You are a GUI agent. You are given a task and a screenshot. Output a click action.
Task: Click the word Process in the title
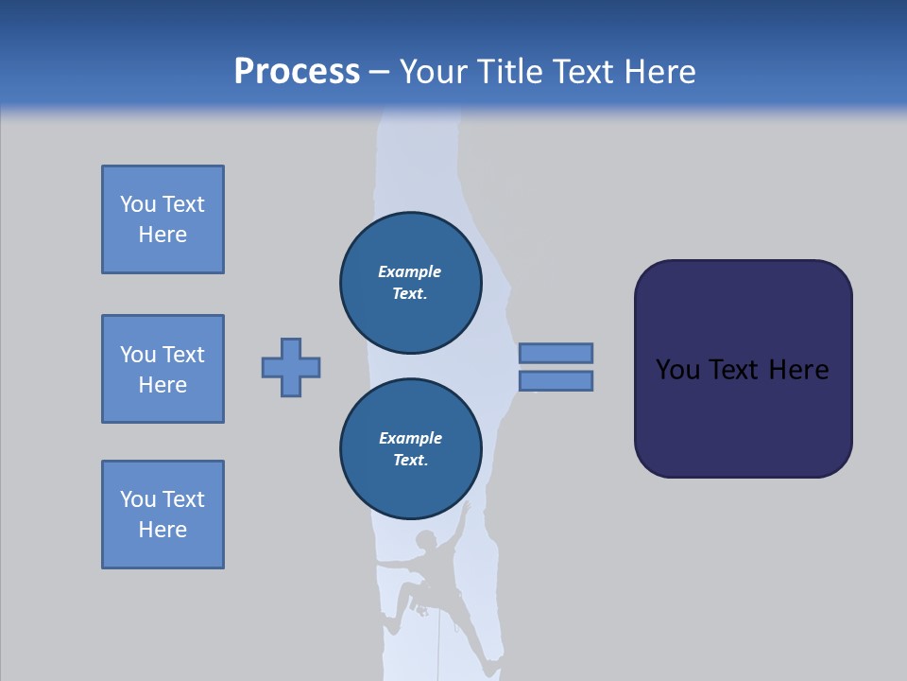(297, 72)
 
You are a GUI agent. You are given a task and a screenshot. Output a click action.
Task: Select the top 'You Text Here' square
(163, 219)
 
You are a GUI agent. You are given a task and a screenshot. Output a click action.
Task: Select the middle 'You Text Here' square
(163, 369)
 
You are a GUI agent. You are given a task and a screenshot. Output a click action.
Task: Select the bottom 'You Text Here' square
(163, 515)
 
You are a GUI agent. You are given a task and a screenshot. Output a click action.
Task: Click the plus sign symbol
(291, 367)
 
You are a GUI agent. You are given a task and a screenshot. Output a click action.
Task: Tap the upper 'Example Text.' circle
(410, 283)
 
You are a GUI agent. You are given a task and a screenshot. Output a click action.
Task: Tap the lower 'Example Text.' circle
(410, 449)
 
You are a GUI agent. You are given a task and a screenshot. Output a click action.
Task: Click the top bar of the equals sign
(556, 354)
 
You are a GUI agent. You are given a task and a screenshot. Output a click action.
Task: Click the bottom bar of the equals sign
(556, 380)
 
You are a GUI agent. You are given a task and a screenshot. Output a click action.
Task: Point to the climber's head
(427, 540)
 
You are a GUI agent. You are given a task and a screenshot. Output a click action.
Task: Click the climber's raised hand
(465, 508)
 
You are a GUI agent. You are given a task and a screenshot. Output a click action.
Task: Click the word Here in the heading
(658, 72)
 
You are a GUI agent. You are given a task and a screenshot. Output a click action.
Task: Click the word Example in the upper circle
(410, 271)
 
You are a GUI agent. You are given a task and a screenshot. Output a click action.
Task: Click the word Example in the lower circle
(410, 438)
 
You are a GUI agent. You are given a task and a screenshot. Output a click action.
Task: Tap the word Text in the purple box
(735, 370)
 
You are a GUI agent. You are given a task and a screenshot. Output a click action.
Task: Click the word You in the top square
(136, 204)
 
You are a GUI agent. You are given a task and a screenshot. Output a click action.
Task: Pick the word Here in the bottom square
(163, 530)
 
